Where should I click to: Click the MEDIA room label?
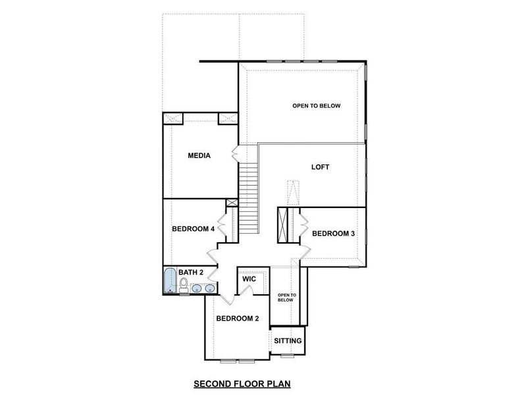[x=199, y=156]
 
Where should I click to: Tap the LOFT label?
[x=320, y=167]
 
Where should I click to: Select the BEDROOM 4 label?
[x=193, y=229]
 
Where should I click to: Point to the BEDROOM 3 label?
[x=333, y=234]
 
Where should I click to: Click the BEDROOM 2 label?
[x=238, y=319]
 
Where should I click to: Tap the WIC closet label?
[x=249, y=279]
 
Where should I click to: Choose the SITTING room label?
[x=288, y=341]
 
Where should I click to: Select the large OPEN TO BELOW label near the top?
[x=316, y=105]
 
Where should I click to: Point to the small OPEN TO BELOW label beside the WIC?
[x=285, y=297]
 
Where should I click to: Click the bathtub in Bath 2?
[x=170, y=281]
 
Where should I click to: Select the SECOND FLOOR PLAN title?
[x=242, y=382]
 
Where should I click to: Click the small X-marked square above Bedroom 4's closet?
[x=231, y=203]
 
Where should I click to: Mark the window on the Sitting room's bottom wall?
[x=287, y=356]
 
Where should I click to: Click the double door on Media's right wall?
[x=234, y=155]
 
